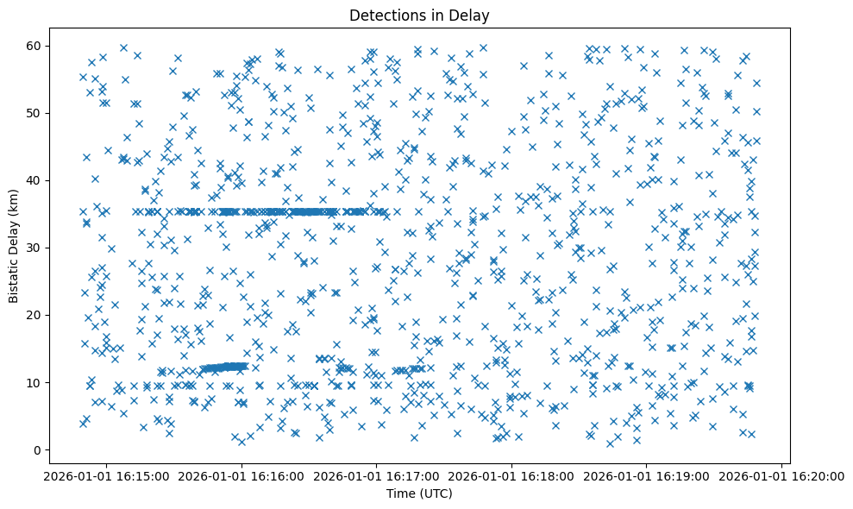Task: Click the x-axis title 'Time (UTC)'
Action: click(418, 494)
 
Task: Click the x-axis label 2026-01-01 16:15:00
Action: click(107, 475)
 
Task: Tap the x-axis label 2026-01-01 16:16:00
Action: click(242, 475)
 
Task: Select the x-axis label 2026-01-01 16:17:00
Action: click(377, 475)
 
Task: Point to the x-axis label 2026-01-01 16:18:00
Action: click(512, 475)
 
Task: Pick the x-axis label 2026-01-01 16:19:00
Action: click(647, 475)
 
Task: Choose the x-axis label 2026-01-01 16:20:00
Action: click(782, 475)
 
